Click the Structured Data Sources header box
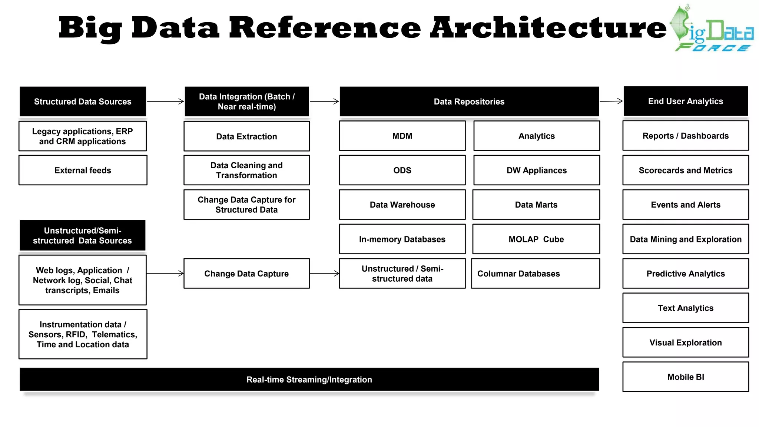(x=83, y=102)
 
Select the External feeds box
(x=83, y=170)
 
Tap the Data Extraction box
(x=246, y=136)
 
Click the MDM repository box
(x=402, y=136)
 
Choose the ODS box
(x=402, y=170)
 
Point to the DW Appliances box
(x=536, y=170)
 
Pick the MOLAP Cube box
(x=536, y=239)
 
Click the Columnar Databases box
(x=535, y=274)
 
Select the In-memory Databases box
(x=402, y=239)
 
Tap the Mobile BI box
(x=686, y=377)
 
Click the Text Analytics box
(x=686, y=308)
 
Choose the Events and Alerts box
(x=686, y=205)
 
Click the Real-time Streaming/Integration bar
(x=309, y=379)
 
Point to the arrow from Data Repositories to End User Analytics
(x=611, y=101)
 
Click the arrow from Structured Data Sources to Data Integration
(x=165, y=101)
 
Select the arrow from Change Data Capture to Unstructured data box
(x=324, y=274)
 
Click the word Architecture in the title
(x=548, y=28)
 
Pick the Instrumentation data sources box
(x=83, y=334)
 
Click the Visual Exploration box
(x=686, y=342)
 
